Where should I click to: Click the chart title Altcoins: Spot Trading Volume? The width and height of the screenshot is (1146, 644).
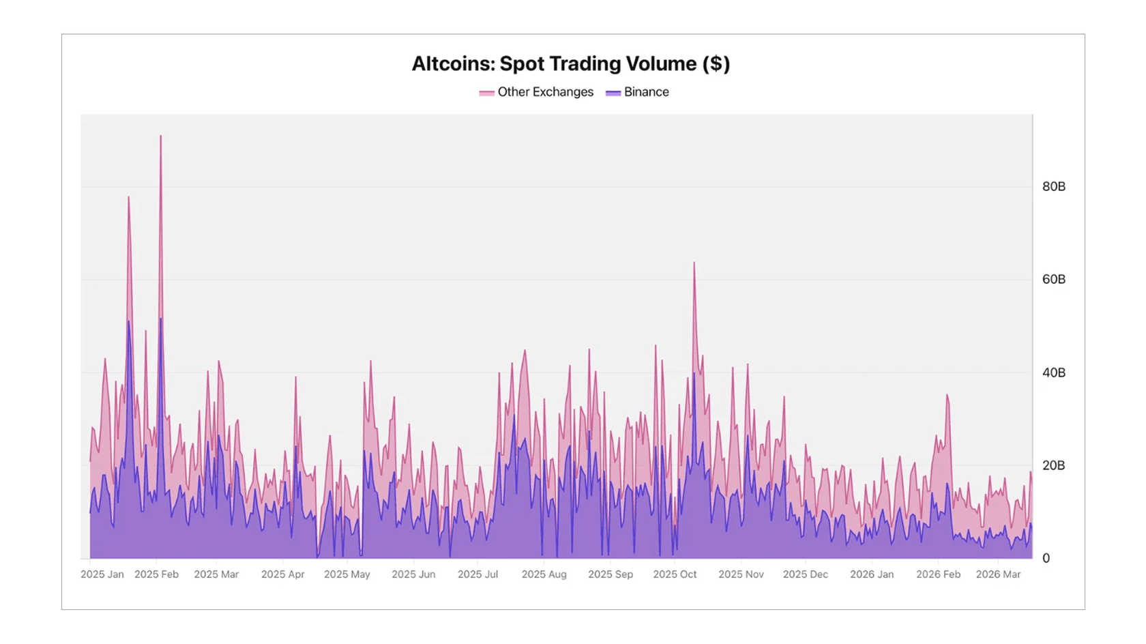point(570,63)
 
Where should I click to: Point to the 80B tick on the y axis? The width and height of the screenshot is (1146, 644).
point(1053,187)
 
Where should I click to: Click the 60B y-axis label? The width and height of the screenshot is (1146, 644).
point(1053,280)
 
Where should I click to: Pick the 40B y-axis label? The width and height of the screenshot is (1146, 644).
point(1053,372)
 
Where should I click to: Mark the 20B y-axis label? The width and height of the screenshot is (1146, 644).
point(1053,465)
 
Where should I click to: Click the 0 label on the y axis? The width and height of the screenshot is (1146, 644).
point(1046,558)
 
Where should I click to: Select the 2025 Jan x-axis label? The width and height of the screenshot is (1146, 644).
point(102,574)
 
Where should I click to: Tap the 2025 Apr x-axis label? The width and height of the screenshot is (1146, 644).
point(282,574)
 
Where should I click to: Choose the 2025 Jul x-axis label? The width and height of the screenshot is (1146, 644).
point(477,574)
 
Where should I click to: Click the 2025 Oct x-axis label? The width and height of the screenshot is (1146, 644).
point(675,574)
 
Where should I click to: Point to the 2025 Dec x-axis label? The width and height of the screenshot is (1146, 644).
point(805,574)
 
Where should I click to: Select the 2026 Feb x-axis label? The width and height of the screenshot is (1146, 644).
point(938,574)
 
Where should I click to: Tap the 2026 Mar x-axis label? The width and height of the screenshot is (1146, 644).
point(998,574)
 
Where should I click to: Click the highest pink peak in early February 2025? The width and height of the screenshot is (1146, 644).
point(161,136)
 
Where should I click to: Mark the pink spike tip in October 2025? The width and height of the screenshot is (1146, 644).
point(694,263)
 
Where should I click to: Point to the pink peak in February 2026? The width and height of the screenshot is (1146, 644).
point(947,396)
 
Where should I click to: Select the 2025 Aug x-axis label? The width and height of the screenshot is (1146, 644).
point(544,574)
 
